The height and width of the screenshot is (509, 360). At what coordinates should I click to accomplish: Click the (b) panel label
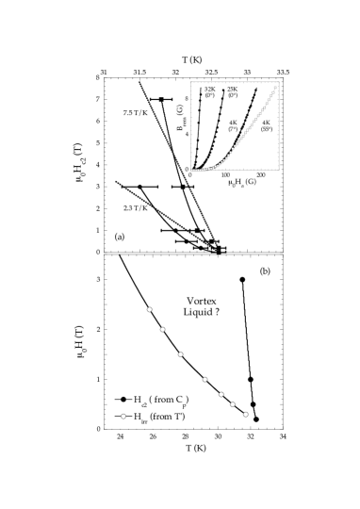pos(265,271)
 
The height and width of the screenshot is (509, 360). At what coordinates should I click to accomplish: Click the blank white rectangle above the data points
pos(172,287)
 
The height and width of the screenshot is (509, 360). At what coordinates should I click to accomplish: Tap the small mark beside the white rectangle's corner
pos(189,300)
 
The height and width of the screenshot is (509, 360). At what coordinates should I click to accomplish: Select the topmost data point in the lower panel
pos(149,309)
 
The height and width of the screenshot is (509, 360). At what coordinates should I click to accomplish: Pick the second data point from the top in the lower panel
pos(162,329)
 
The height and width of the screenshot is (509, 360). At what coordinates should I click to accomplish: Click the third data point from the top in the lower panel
pos(180,354)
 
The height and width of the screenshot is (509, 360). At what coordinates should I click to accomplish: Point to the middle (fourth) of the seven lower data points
pos(205,379)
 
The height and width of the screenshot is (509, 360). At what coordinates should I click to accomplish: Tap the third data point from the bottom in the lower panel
pos(221,394)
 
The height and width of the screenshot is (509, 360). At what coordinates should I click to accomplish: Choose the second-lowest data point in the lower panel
pos(232,404)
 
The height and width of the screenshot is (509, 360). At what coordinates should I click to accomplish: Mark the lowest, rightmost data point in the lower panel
pos(246,414)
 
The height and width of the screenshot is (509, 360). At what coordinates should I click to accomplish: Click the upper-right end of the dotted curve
pos(275,88)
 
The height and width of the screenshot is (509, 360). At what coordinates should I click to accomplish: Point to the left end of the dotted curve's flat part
pos(191,170)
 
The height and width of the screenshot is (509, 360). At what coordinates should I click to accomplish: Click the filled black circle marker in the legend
pos(123,400)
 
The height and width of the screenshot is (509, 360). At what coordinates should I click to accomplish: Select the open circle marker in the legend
pos(123,416)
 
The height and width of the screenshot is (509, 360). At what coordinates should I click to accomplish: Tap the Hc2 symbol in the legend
pos(138,401)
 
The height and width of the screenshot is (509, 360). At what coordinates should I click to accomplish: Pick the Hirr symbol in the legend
pos(139,417)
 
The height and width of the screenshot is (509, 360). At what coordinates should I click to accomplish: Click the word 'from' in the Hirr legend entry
pos(163,416)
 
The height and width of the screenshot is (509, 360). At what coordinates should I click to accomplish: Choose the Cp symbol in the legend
pos(182,401)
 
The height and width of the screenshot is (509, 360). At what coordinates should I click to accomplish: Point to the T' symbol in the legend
pos(181,416)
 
